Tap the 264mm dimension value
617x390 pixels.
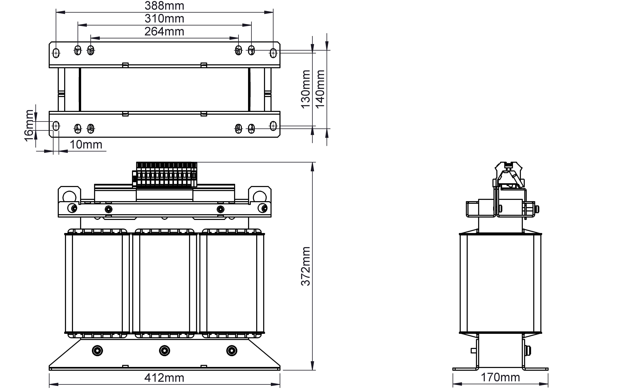164,32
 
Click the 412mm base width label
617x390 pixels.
164,378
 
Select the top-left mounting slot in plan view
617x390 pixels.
56,53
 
